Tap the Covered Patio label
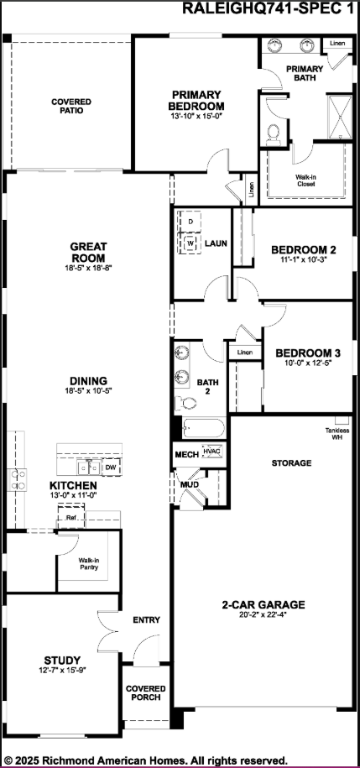pos(70,107)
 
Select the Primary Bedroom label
pos(197,100)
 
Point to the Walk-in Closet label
pos(305,180)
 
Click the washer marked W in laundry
pos(190,243)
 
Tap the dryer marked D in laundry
pos(190,221)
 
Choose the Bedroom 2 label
pos(303,250)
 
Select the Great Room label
pos(87,252)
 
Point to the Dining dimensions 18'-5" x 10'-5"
pos(87,391)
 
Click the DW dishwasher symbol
pos(110,467)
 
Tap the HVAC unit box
pos(212,452)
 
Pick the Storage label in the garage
pos(291,463)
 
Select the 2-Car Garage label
pos(263,604)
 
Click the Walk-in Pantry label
pos(89,563)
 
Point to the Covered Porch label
pos(145,693)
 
